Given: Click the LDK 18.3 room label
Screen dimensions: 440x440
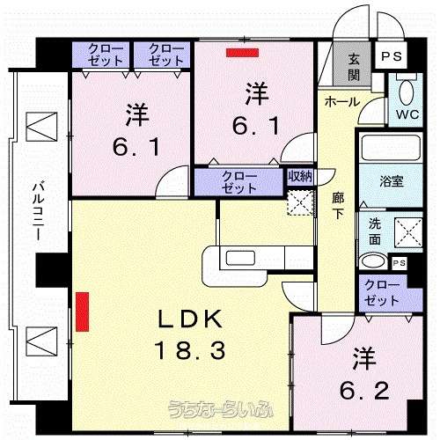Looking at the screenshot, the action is coord(190,334).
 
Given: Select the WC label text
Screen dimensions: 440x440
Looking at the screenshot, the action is coord(407,114).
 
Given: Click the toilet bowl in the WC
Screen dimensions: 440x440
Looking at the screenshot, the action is coord(407,91).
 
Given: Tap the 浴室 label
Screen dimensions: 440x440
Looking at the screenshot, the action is coord(392,180).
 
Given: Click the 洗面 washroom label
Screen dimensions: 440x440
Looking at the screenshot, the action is coord(375,231).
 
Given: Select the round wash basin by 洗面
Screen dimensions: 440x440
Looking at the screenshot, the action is coord(373,260).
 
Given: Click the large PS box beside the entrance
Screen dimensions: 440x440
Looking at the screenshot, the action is coord(392,55).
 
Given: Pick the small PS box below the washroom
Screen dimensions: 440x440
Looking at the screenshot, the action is coord(399,263).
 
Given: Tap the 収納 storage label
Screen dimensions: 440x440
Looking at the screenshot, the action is coord(300,177).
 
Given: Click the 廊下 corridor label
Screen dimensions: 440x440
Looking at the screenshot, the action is coord(338,206).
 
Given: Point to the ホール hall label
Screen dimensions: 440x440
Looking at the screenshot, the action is coord(342,102).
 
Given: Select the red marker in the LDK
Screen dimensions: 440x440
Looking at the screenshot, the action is coord(82,312).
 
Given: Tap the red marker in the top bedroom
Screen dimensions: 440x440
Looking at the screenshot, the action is coord(242,53).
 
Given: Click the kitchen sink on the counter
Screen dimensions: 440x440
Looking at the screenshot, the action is coord(240,258).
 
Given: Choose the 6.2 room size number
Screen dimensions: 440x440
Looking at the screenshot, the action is coord(364,391).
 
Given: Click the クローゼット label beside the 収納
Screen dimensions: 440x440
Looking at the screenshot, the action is coord(239,182).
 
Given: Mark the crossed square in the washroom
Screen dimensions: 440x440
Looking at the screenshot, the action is coord(408,232).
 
